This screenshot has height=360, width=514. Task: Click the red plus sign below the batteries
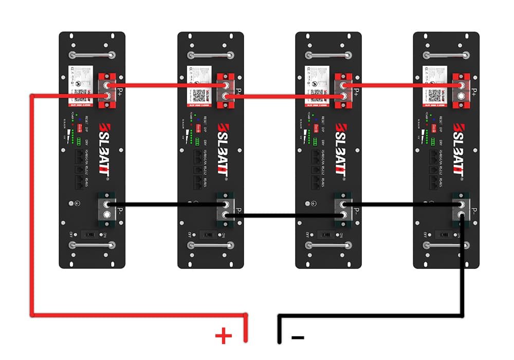224,337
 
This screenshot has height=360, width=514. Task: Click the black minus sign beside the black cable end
298,337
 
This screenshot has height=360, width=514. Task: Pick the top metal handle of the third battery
328,55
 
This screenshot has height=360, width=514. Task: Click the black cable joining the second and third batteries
283,217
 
